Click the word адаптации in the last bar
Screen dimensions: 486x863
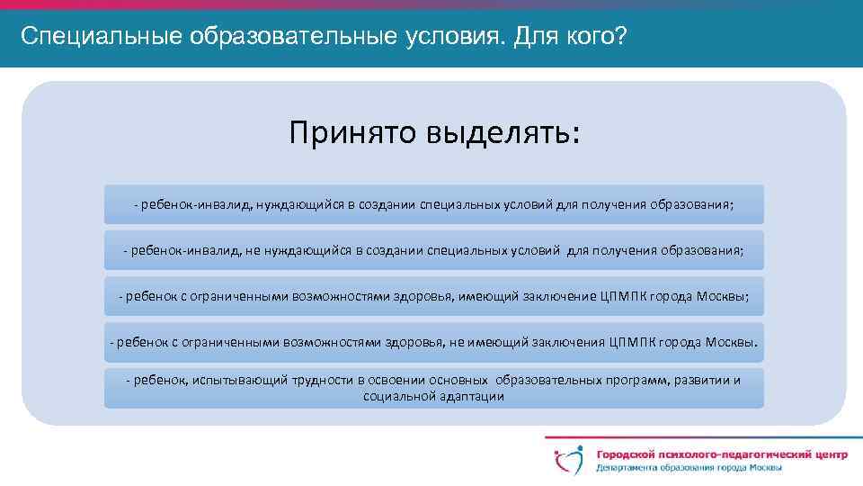click(x=473, y=396)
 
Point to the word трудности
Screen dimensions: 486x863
click(x=321, y=380)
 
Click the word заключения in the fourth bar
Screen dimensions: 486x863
click(x=563, y=343)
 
